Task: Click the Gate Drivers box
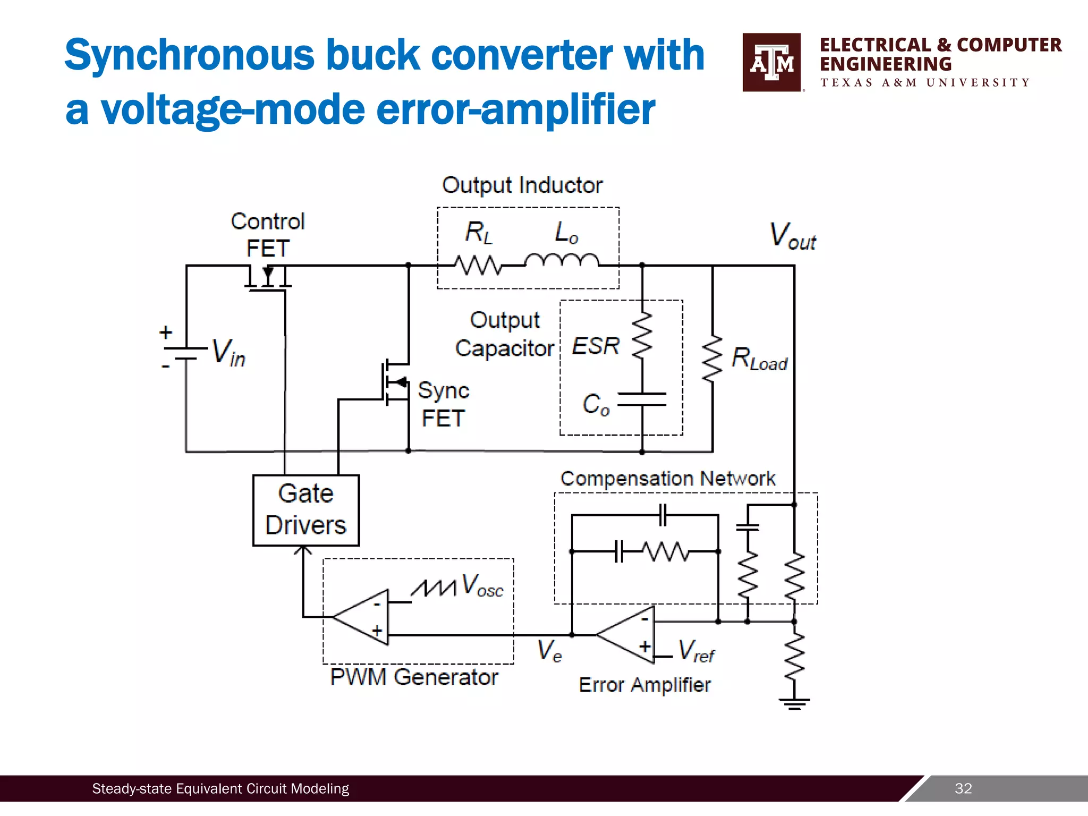(x=305, y=510)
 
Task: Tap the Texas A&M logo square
(x=771, y=62)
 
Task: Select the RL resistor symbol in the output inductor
(x=478, y=265)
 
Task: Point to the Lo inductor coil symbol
(x=562, y=260)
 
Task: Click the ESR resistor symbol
(x=642, y=336)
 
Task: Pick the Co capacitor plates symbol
(x=642, y=399)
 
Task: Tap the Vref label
(x=696, y=651)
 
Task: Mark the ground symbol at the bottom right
(x=794, y=703)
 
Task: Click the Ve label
(x=549, y=651)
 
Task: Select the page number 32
(x=963, y=788)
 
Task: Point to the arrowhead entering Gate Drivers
(x=303, y=550)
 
